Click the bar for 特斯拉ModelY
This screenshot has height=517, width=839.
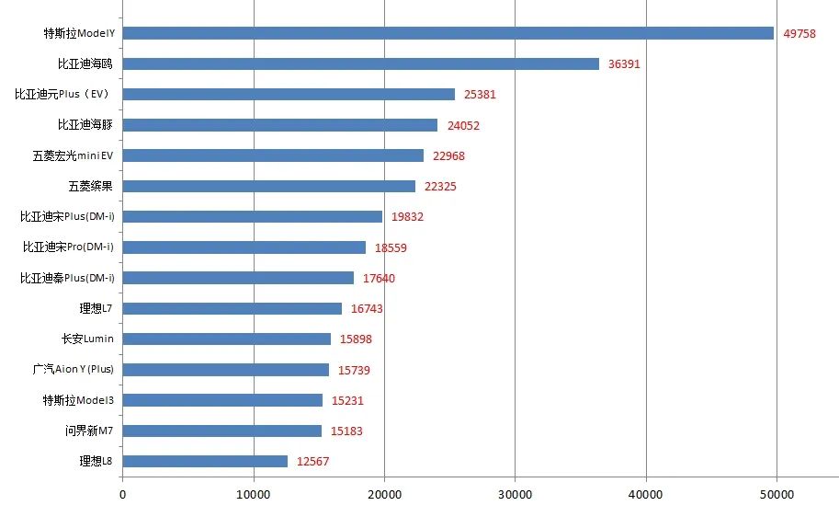448,33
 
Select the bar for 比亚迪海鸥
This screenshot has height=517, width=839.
360,63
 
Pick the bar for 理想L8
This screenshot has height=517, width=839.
205,461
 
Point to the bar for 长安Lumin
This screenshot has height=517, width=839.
226,339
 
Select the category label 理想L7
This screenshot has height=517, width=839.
96,308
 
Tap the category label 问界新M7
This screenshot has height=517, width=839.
89,431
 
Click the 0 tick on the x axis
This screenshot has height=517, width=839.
122,495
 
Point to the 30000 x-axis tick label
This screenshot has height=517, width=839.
515,495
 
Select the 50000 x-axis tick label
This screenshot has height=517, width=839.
777,495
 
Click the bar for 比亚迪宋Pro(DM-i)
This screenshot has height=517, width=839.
244,247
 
